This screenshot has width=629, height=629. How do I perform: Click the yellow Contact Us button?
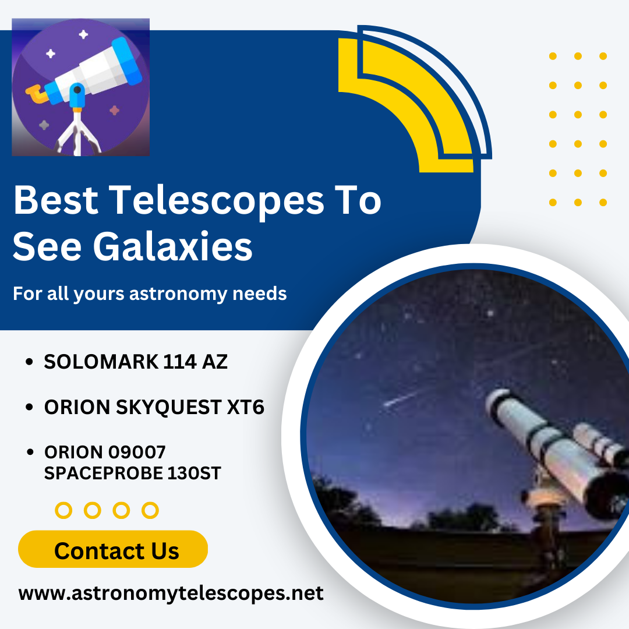point(113,549)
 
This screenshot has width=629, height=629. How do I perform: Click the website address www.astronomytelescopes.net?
point(171,593)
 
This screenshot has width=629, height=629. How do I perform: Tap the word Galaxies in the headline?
point(172,246)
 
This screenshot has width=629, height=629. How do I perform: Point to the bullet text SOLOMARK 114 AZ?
point(136,362)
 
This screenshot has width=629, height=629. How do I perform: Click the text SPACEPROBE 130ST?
point(132,473)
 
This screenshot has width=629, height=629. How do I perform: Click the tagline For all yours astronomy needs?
point(150,294)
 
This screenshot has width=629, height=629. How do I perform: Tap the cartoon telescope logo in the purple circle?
point(81,87)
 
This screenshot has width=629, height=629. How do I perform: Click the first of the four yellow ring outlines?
point(63,511)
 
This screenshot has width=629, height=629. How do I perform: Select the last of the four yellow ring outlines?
point(150,511)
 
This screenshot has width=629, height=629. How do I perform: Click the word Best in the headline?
point(55,200)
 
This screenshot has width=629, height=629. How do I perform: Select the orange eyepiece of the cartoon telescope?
point(36,92)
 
